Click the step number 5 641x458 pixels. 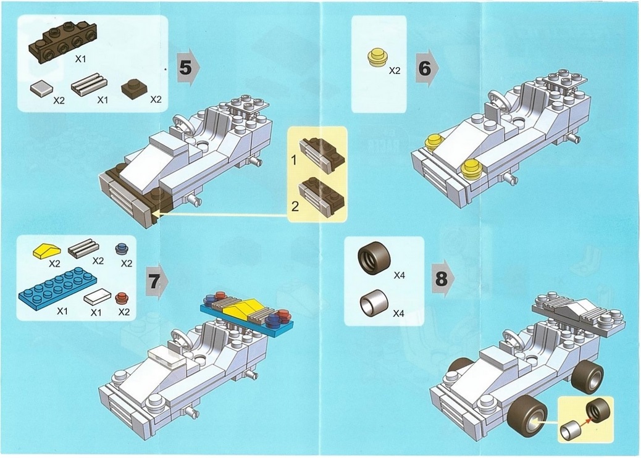pyautogui.click(x=185, y=67)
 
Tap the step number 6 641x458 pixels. pyautogui.click(x=425, y=68)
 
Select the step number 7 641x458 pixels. pyautogui.click(x=154, y=282)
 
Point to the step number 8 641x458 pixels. pyautogui.click(x=442, y=279)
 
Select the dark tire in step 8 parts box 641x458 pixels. pyautogui.click(x=374, y=259)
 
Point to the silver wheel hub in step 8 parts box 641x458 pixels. pyautogui.click(x=374, y=303)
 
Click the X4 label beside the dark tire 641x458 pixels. pyautogui.click(x=399, y=275)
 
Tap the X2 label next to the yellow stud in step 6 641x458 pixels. pyautogui.click(x=395, y=71)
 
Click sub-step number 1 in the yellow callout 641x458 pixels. pyautogui.click(x=294, y=160)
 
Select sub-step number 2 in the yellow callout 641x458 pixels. pyautogui.click(x=295, y=206)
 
